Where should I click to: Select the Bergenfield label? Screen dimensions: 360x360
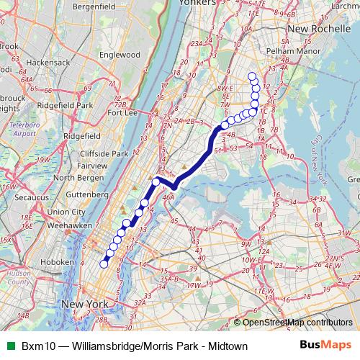(x=94, y=6)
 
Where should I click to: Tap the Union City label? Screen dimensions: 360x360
(x=68, y=212)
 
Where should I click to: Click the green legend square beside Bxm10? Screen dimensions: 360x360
(x=10, y=346)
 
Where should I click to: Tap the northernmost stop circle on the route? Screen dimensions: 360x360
(x=251, y=76)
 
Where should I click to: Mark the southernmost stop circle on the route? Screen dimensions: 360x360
(x=103, y=264)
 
